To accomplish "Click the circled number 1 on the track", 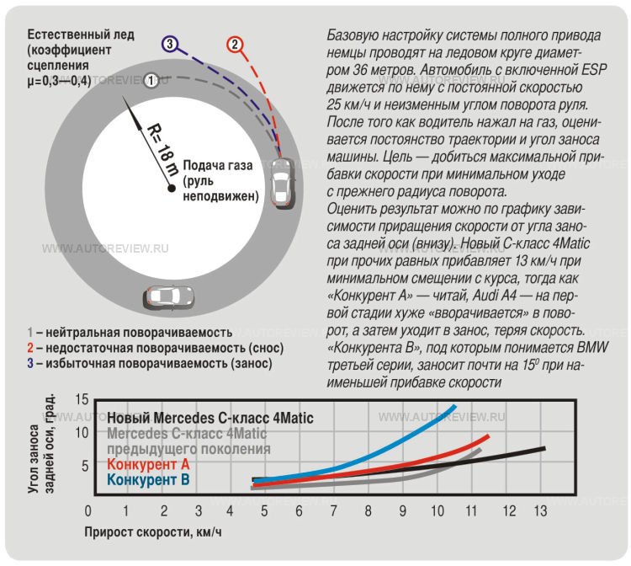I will click(151, 80).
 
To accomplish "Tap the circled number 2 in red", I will click(235, 44).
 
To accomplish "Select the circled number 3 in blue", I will click(170, 44).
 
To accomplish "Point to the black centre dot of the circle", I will click(171, 186).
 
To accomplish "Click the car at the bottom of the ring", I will click(169, 296).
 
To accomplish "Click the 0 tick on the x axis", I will click(88, 511).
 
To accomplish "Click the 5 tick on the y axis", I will click(85, 465).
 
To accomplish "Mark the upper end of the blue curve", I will click(455, 407).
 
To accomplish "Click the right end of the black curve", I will click(544, 448).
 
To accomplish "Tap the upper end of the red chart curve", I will click(488, 436).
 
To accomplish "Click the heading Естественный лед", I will click(77, 35).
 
